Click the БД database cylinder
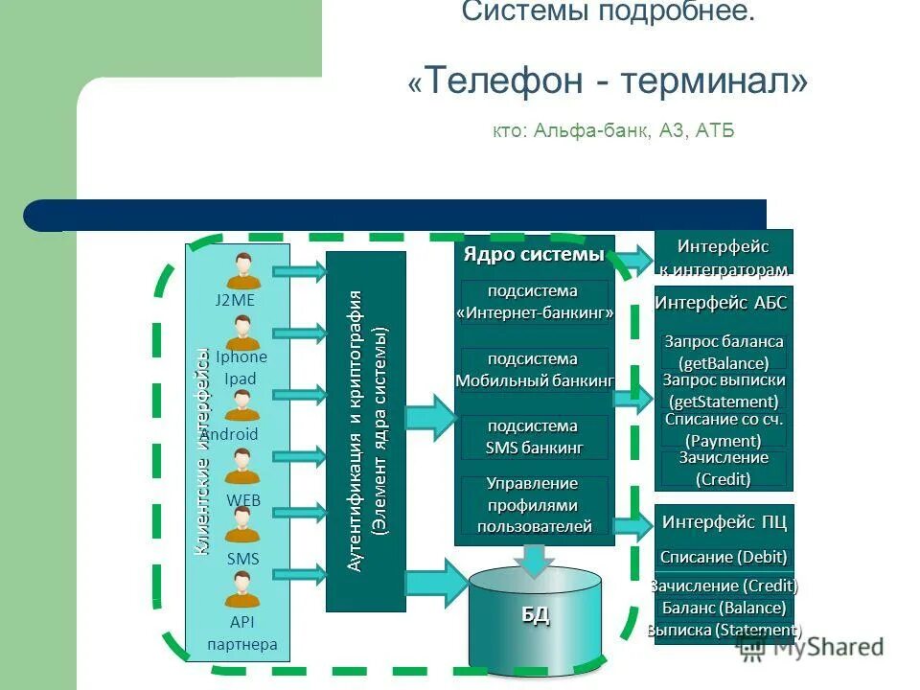pos(535,613)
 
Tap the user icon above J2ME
pos(243,271)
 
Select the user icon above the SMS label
pos(242,525)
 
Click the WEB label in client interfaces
pos(243,499)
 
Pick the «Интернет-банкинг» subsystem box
pos(534,302)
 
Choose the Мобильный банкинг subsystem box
pos(534,370)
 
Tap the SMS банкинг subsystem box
pos(534,437)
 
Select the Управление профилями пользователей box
pos(534,504)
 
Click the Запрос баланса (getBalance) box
pos(724,352)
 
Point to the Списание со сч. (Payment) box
pos(724,429)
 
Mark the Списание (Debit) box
pos(724,557)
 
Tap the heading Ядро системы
pos(534,255)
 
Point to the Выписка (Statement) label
pos(724,631)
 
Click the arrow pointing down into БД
pos(533,559)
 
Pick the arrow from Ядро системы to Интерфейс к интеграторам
pos(632,257)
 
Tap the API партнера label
pos(242,632)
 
